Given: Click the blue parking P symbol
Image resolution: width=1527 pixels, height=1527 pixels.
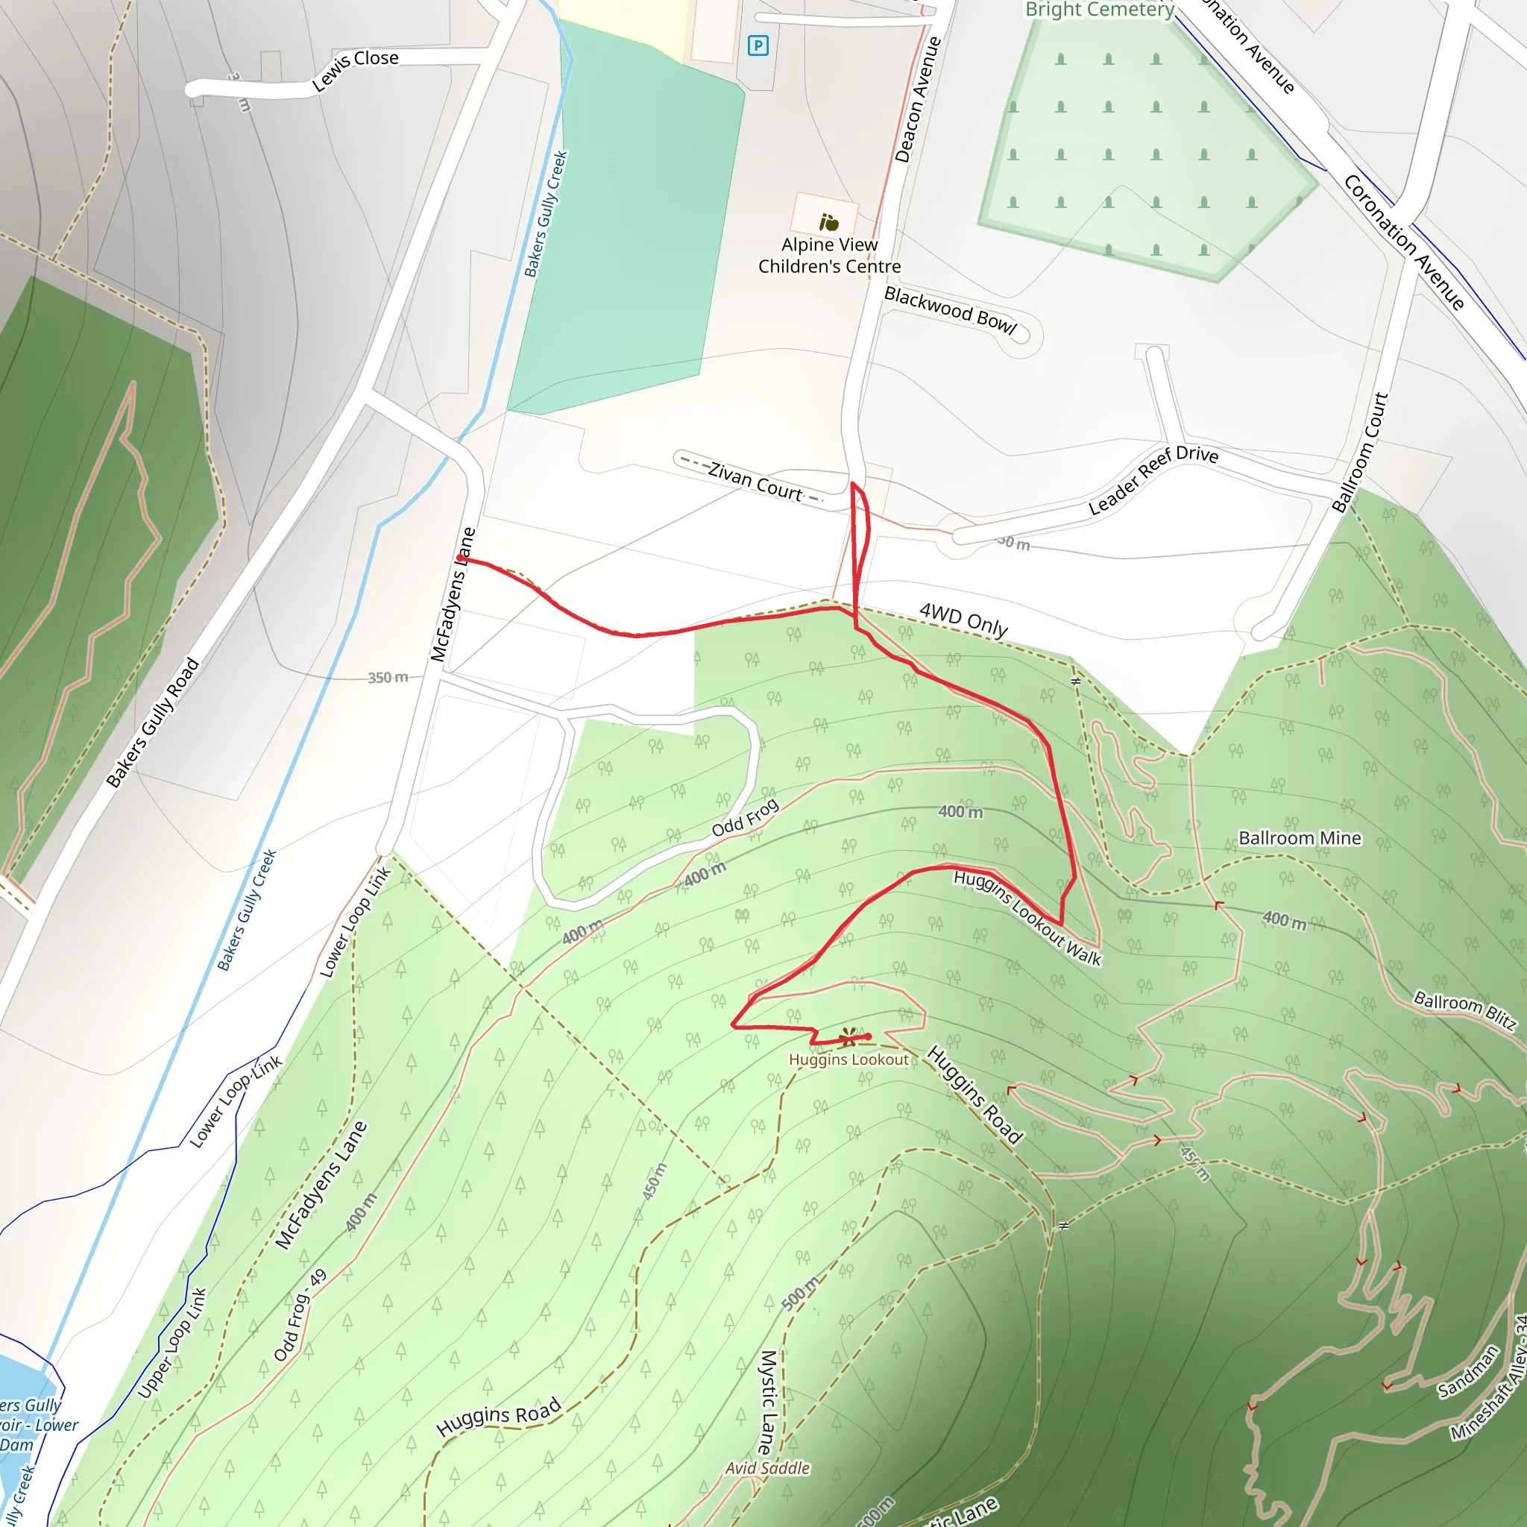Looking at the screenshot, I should [758, 45].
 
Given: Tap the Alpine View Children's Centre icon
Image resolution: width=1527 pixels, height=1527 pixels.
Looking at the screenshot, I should [828, 222].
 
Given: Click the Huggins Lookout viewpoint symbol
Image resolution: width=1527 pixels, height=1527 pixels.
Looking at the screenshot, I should [848, 1036].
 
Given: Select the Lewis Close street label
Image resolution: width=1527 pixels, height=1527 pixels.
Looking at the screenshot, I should [355, 69].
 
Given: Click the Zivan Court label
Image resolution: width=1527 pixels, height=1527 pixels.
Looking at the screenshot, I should [755, 482].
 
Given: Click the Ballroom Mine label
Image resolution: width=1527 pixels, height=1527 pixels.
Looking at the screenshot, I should [1300, 838].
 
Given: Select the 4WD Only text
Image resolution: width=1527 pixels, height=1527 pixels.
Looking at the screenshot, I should [963, 619].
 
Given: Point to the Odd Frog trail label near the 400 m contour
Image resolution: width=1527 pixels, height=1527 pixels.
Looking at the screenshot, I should [745, 817].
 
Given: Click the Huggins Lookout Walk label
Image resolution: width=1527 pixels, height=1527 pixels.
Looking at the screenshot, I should [1027, 917].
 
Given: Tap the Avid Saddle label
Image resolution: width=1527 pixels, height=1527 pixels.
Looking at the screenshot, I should [767, 1467].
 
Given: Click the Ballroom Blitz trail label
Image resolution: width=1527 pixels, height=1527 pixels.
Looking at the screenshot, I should [1464, 1011].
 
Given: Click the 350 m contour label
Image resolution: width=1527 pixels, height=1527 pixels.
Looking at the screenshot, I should [387, 677].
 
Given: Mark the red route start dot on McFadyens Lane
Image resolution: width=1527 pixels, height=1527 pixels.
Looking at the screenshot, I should [460, 558].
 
